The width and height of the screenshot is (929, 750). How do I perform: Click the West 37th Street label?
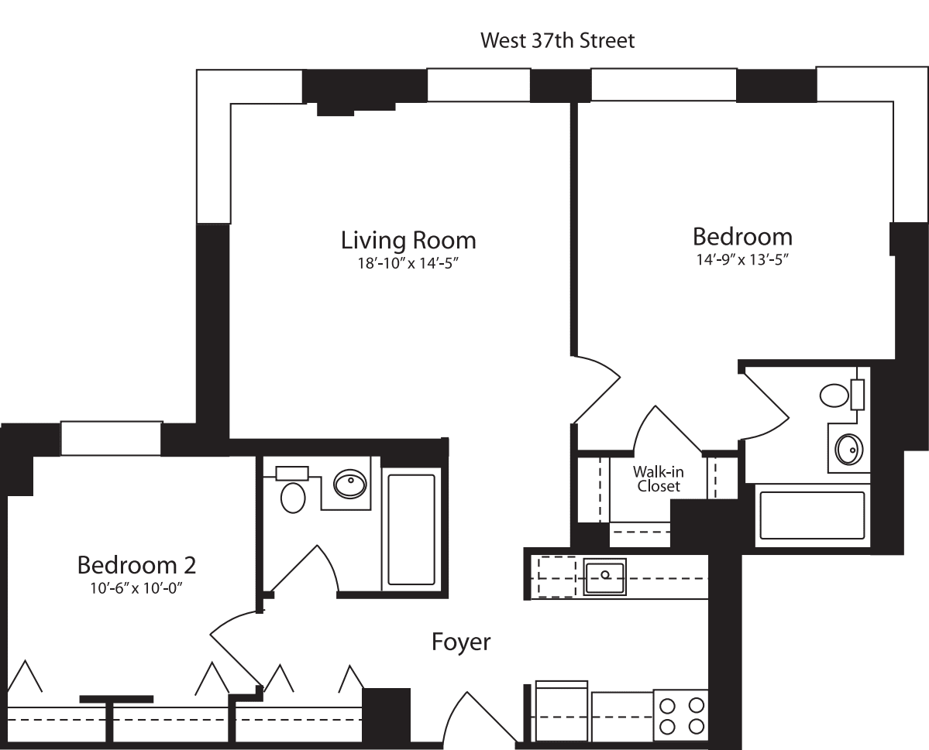point(557,40)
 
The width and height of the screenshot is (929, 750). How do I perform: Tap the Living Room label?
point(408,240)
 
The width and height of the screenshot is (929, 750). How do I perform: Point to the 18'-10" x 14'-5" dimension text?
point(408,263)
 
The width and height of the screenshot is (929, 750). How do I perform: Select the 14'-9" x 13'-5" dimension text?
point(741,259)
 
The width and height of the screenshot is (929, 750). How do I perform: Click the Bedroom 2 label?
point(136,565)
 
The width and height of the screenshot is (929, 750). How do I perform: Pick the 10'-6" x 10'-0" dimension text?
point(136,587)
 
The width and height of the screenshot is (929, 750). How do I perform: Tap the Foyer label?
point(461,642)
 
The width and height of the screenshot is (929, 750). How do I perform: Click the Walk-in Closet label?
point(658,479)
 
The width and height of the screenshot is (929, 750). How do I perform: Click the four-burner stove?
point(680,715)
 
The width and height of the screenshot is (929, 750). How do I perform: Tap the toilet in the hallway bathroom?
point(293,496)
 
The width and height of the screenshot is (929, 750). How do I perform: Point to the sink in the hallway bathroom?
point(349,485)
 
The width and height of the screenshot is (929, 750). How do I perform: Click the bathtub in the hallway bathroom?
point(411,529)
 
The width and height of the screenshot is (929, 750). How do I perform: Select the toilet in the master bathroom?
point(834,396)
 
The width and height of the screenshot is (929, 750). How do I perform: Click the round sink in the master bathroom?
point(848,448)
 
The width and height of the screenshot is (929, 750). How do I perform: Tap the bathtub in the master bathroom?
point(812,515)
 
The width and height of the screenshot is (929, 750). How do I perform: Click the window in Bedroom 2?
point(111,438)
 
